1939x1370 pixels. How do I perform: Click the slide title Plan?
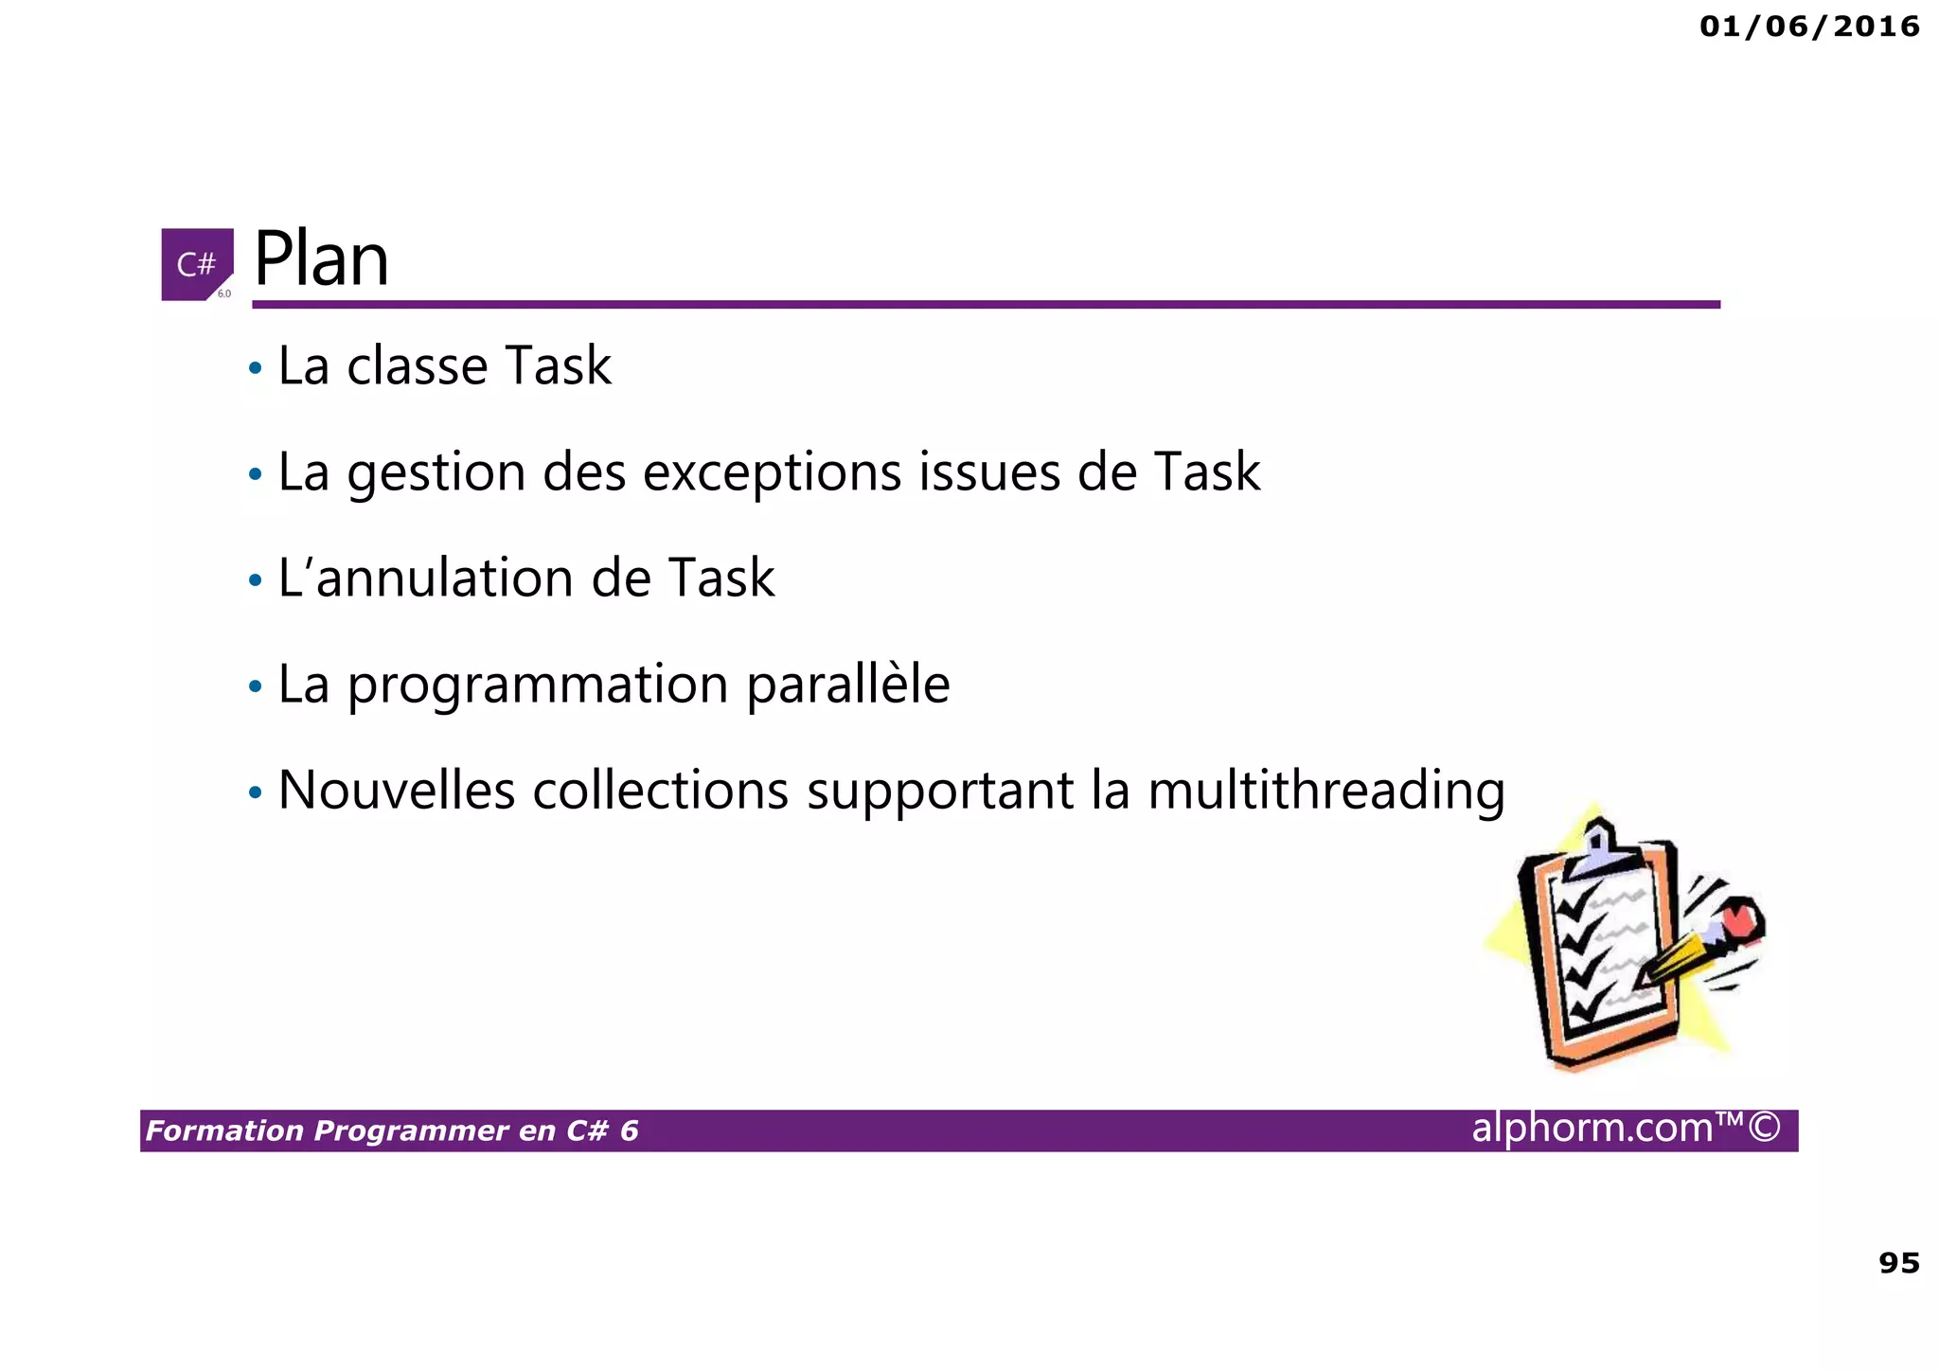click(321, 259)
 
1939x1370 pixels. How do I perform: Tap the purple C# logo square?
click(197, 264)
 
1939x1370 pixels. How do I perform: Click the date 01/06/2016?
click(1809, 27)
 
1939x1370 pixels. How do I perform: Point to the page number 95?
click(1898, 1263)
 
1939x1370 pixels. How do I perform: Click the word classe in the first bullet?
click(417, 366)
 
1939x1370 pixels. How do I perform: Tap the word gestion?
click(436, 473)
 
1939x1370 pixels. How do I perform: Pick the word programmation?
click(538, 685)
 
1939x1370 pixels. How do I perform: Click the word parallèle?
click(847, 685)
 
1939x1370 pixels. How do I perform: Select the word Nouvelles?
click(397, 791)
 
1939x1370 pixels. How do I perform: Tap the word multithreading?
click(1325, 792)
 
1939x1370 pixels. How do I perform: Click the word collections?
click(660, 791)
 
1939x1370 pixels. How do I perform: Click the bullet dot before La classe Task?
click(255, 368)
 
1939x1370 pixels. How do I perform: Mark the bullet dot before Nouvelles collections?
click(255, 792)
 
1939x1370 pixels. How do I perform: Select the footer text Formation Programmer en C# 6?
click(392, 1130)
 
